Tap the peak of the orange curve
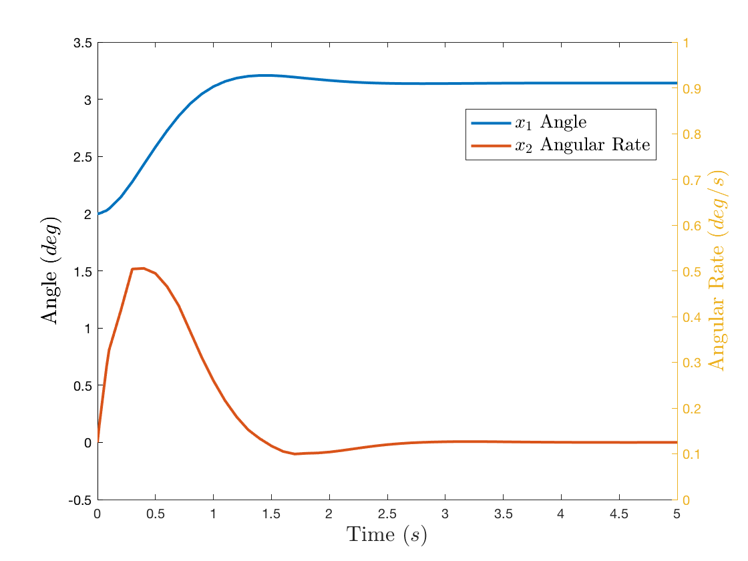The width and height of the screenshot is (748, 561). [143, 268]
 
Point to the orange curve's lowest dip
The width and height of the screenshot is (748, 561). [295, 453]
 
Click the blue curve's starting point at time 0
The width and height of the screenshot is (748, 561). [98, 214]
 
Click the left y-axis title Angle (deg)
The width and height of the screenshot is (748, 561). [51, 270]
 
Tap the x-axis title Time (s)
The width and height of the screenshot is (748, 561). [387, 535]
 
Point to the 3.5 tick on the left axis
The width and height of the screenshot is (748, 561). [82, 43]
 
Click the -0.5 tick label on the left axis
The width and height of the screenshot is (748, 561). [80, 500]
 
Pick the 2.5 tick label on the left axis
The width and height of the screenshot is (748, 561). [82, 157]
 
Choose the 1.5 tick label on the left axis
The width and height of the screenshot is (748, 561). [82, 271]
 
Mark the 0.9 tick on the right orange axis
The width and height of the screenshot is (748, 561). [691, 89]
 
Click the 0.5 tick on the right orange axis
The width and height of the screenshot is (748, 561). [691, 272]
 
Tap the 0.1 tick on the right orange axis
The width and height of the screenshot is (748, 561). [691, 455]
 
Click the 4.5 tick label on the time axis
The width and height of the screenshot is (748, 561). [619, 514]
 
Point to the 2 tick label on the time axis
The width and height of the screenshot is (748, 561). [329, 514]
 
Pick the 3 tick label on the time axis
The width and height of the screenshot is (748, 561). [445, 514]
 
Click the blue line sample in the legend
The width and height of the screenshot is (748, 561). [492, 123]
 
